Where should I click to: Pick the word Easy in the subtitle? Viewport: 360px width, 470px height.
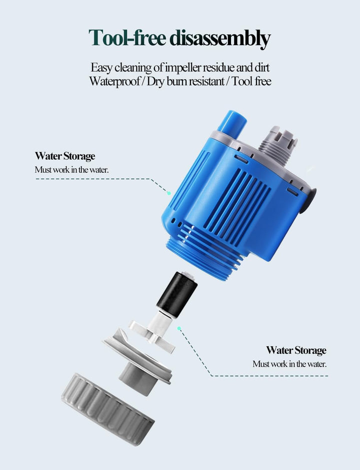(x=100, y=67)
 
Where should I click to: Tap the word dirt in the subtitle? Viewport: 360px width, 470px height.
(x=261, y=67)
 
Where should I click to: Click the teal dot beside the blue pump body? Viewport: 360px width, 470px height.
(x=169, y=193)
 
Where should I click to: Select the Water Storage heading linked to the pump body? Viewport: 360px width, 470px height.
(x=65, y=157)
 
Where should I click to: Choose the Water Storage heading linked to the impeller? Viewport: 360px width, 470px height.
(x=296, y=350)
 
